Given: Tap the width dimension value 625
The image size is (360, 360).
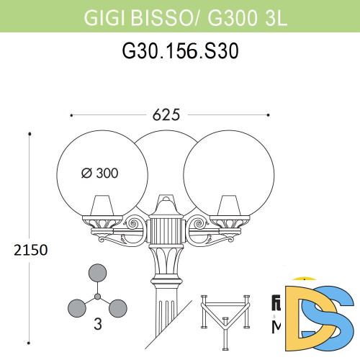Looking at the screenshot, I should (171, 114).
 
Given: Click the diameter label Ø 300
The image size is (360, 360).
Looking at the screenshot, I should (99, 173).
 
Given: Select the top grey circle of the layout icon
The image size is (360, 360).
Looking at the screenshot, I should (96, 274).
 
